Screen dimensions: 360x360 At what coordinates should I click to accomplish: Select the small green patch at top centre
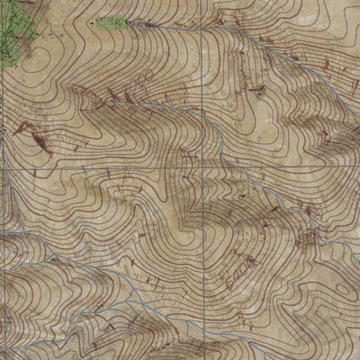coord(112,22)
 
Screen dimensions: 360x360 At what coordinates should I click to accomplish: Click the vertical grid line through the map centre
coord(206,108)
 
